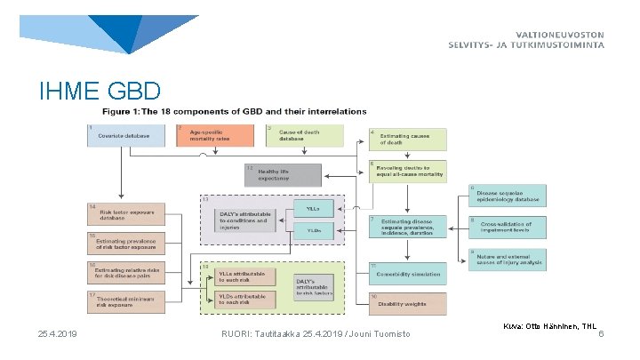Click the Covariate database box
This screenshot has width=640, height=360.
tap(125, 135)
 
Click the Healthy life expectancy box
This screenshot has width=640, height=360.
tap(279, 174)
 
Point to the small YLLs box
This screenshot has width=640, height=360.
tap(314, 210)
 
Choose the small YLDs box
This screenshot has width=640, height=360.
tap(314, 230)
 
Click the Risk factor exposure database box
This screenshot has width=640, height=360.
tap(125, 213)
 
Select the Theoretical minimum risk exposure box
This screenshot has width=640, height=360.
tap(125, 300)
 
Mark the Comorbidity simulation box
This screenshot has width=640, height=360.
tap(407, 274)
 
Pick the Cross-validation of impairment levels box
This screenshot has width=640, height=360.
tap(508, 228)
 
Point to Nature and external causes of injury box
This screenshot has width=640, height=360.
tap(508, 260)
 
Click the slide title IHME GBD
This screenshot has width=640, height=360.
tap(100, 91)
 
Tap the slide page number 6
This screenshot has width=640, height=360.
tap(601, 333)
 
